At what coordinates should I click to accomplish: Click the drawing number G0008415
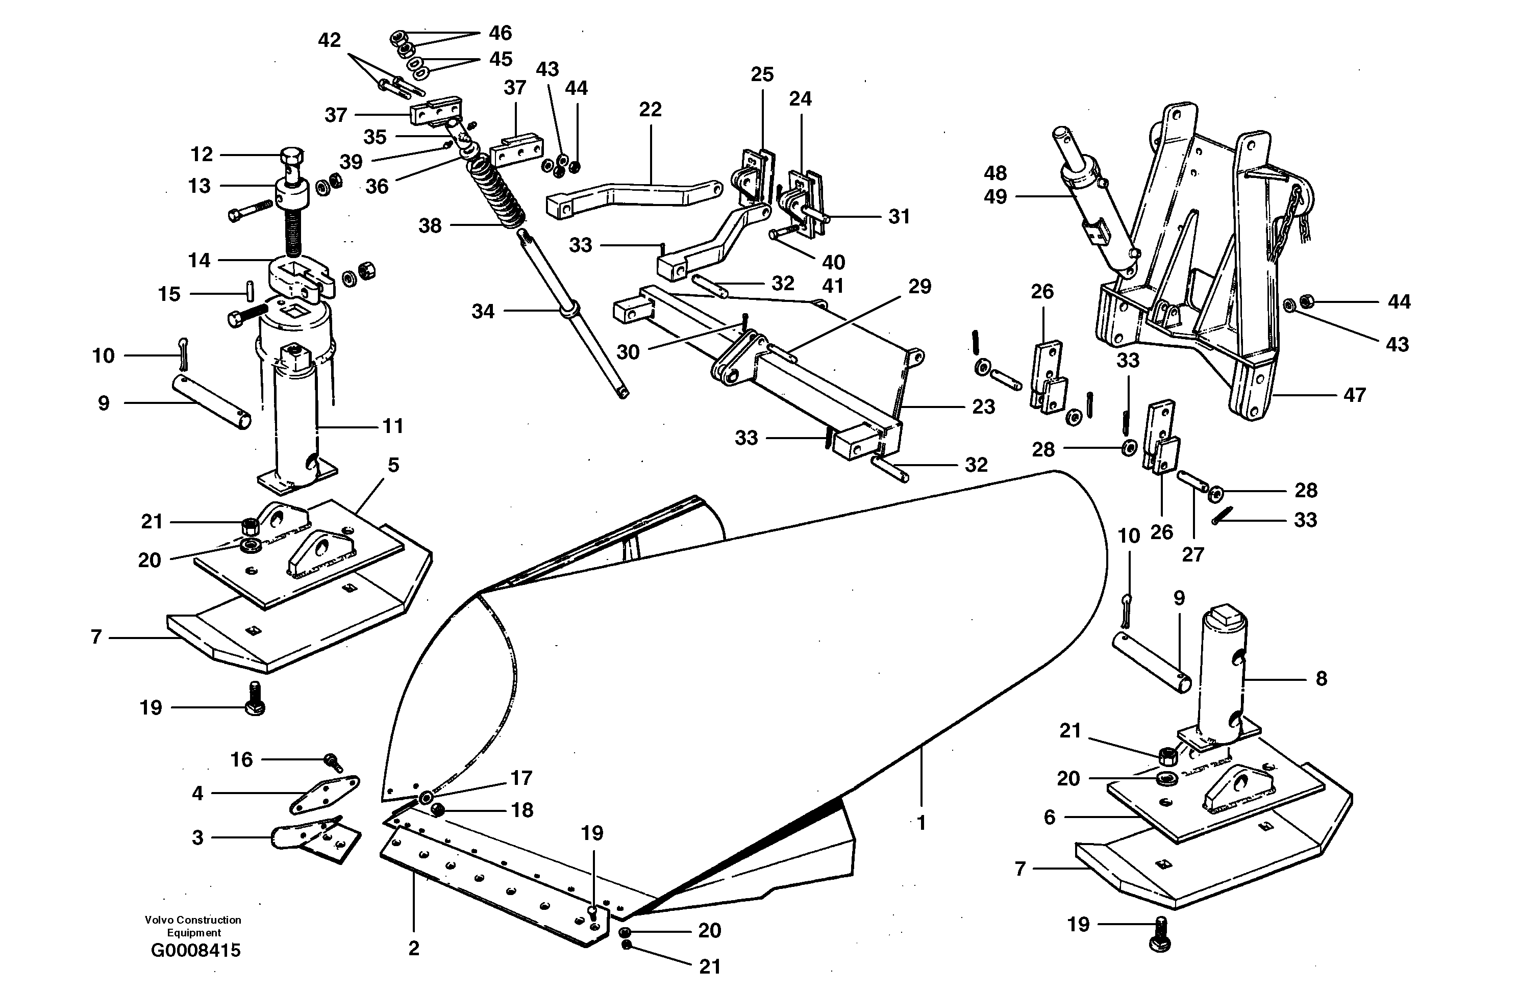click(195, 951)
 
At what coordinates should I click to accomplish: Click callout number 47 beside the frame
click(1354, 395)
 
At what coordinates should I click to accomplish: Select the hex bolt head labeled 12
click(292, 156)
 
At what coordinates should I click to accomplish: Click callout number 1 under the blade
click(920, 823)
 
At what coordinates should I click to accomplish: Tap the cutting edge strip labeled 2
click(491, 884)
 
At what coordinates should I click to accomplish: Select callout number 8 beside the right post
click(1321, 678)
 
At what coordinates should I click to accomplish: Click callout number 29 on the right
click(919, 287)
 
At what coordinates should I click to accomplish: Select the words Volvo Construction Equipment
click(193, 926)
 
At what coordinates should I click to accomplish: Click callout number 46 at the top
click(501, 33)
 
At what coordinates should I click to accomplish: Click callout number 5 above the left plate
click(393, 465)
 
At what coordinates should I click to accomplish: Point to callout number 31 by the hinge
click(899, 216)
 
